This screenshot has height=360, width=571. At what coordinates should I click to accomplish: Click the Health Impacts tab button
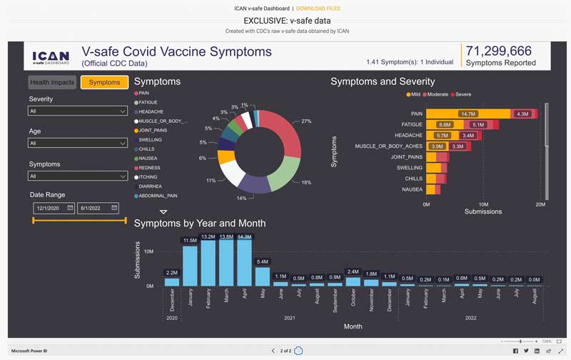pyautogui.click(x=52, y=83)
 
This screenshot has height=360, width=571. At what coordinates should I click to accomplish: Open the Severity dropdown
pyautogui.click(x=78, y=111)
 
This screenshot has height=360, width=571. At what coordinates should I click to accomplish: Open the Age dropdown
pyautogui.click(x=78, y=143)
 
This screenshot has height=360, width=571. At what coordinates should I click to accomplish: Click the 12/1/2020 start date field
pyautogui.click(x=54, y=208)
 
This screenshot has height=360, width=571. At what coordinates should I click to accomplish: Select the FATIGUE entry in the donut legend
pyautogui.click(x=150, y=102)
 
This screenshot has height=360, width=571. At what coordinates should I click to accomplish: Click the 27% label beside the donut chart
pyautogui.click(x=307, y=121)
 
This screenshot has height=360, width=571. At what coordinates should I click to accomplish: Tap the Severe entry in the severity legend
pyautogui.click(x=461, y=94)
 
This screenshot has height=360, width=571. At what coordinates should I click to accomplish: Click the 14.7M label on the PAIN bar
pyautogui.click(x=468, y=114)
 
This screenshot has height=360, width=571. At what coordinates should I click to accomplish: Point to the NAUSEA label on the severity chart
pyautogui.click(x=412, y=189)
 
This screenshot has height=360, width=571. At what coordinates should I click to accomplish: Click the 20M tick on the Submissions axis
pyautogui.click(x=540, y=204)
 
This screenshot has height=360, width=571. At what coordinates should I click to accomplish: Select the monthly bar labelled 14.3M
pyautogui.click(x=244, y=262)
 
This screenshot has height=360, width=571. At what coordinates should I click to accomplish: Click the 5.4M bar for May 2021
pyautogui.click(x=263, y=276)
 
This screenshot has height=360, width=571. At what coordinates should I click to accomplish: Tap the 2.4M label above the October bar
pyautogui.click(x=353, y=272)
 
